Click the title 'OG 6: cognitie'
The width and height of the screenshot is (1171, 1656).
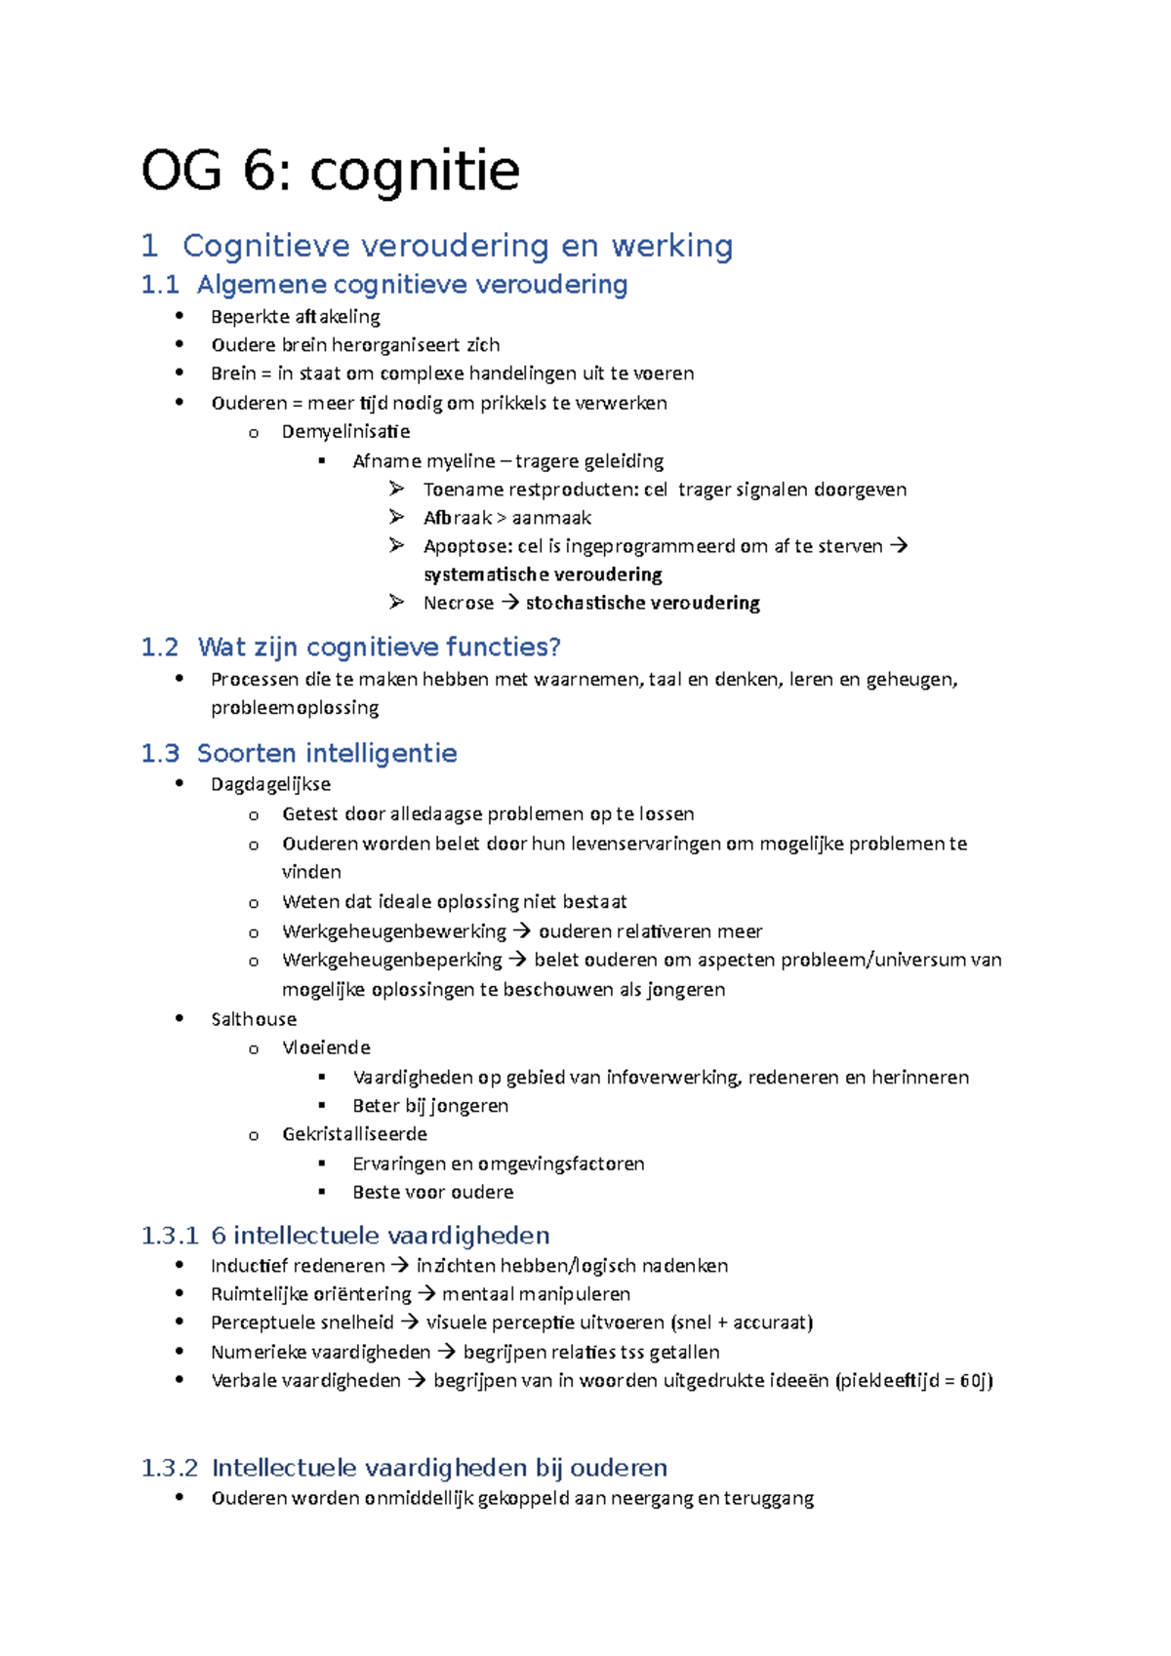(x=330, y=172)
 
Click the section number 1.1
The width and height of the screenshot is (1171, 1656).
(x=160, y=285)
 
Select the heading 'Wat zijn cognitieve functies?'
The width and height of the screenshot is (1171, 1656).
(x=379, y=648)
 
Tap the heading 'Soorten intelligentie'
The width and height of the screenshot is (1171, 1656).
(x=327, y=753)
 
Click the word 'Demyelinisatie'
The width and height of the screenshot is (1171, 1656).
(x=345, y=431)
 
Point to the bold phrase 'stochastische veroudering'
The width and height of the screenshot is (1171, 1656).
(x=642, y=603)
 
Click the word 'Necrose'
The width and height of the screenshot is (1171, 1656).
(x=458, y=603)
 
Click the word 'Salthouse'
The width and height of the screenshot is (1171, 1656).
(x=254, y=1019)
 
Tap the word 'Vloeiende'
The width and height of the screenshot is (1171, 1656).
(x=326, y=1047)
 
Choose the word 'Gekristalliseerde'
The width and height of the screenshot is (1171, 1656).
(x=354, y=1134)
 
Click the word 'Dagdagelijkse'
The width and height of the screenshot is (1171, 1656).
(x=270, y=784)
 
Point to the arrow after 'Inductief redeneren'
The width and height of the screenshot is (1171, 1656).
(x=400, y=1266)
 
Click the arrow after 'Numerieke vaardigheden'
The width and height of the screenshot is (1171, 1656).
(x=446, y=1352)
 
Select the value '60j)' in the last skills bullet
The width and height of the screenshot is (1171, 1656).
(x=976, y=1380)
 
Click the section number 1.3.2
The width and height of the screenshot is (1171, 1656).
(x=170, y=1468)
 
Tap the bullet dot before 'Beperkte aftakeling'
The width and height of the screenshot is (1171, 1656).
(x=180, y=315)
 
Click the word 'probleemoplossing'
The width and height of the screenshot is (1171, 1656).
(x=295, y=707)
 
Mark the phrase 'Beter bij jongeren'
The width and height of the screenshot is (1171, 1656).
(x=430, y=1106)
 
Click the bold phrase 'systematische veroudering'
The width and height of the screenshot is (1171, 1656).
(x=543, y=574)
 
